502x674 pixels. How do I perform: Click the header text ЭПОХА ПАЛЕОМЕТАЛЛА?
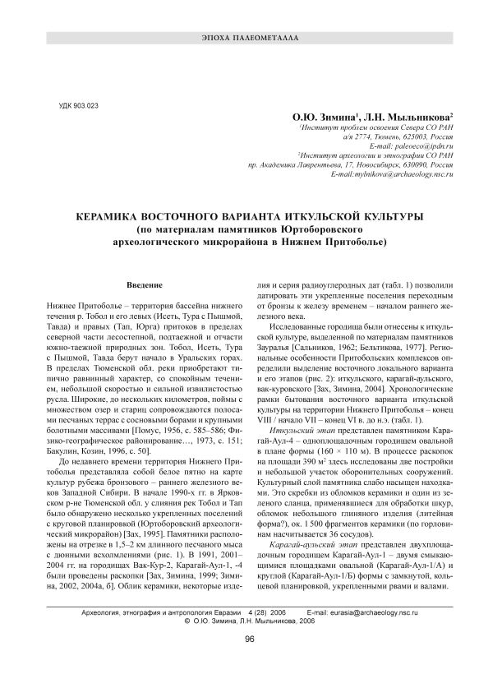251,39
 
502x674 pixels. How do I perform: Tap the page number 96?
251,640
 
